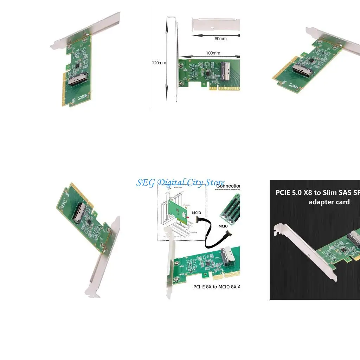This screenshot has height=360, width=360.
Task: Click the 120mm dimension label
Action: coord(159,63)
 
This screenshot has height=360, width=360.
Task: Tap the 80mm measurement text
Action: coord(220,39)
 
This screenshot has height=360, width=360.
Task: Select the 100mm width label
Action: coord(213,53)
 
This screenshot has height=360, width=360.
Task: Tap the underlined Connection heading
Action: coord(228,186)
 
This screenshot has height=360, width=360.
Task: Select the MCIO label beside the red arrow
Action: coord(197,213)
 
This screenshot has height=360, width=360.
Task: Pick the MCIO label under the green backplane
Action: coord(223,226)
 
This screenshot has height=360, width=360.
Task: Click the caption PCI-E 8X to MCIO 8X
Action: coord(217,287)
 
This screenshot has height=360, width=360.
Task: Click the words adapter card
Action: coord(329,202)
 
